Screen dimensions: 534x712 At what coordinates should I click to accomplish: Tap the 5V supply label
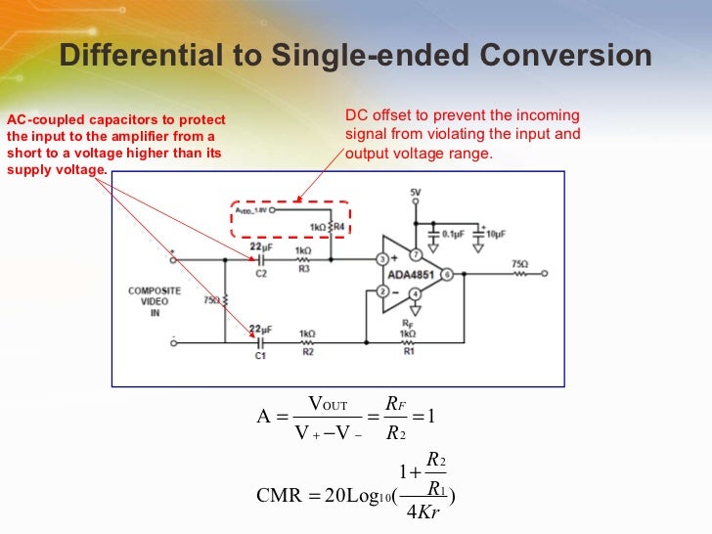416,192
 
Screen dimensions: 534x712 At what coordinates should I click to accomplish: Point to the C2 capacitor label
261,274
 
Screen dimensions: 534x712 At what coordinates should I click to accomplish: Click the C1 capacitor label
260,357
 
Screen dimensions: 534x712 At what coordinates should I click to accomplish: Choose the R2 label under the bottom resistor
307,350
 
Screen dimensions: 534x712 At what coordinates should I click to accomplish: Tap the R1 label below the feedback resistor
409,350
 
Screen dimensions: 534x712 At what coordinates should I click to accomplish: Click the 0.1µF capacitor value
452,235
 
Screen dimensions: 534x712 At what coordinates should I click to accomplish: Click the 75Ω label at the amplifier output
519,264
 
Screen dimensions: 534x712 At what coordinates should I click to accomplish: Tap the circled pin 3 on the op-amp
383,260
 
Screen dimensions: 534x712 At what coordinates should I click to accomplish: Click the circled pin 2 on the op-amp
383,290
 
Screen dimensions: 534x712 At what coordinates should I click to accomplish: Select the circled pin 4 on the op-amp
415,293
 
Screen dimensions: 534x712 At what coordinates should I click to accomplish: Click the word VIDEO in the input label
148,301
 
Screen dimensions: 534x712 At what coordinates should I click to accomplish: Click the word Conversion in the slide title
578,56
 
